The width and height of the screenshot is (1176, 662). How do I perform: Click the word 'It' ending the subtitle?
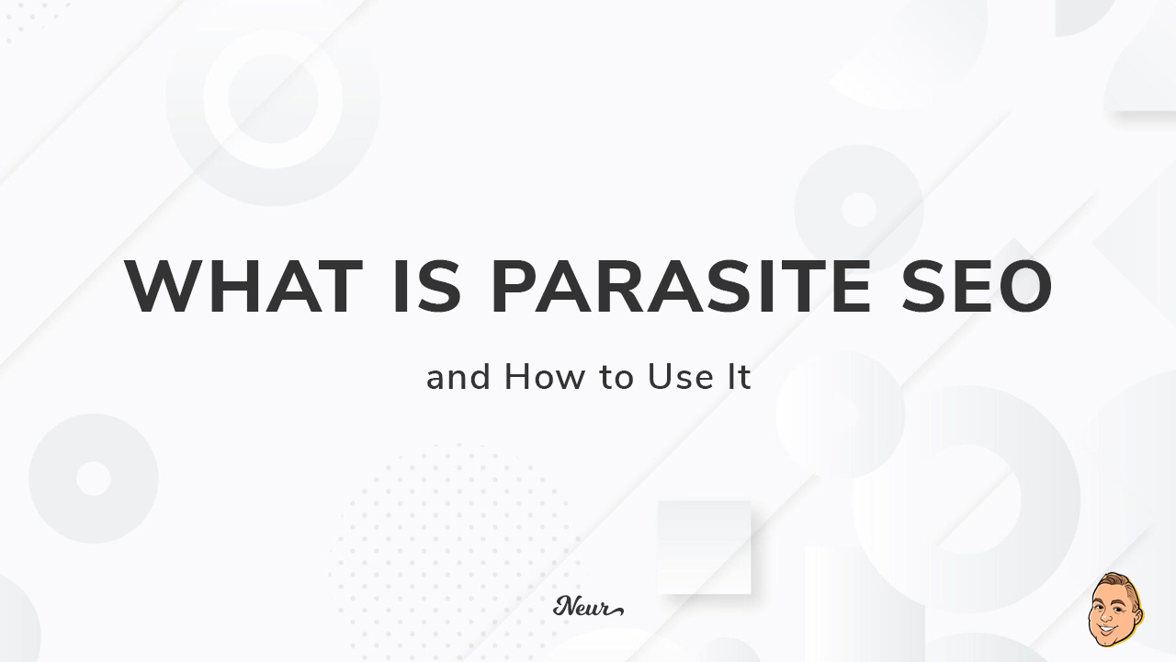coord(740,378)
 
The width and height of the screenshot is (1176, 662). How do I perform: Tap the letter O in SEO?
coord(1022,288)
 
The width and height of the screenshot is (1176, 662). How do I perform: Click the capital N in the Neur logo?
coord(562,606)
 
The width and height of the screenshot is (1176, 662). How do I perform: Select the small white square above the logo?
coord(705,546)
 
